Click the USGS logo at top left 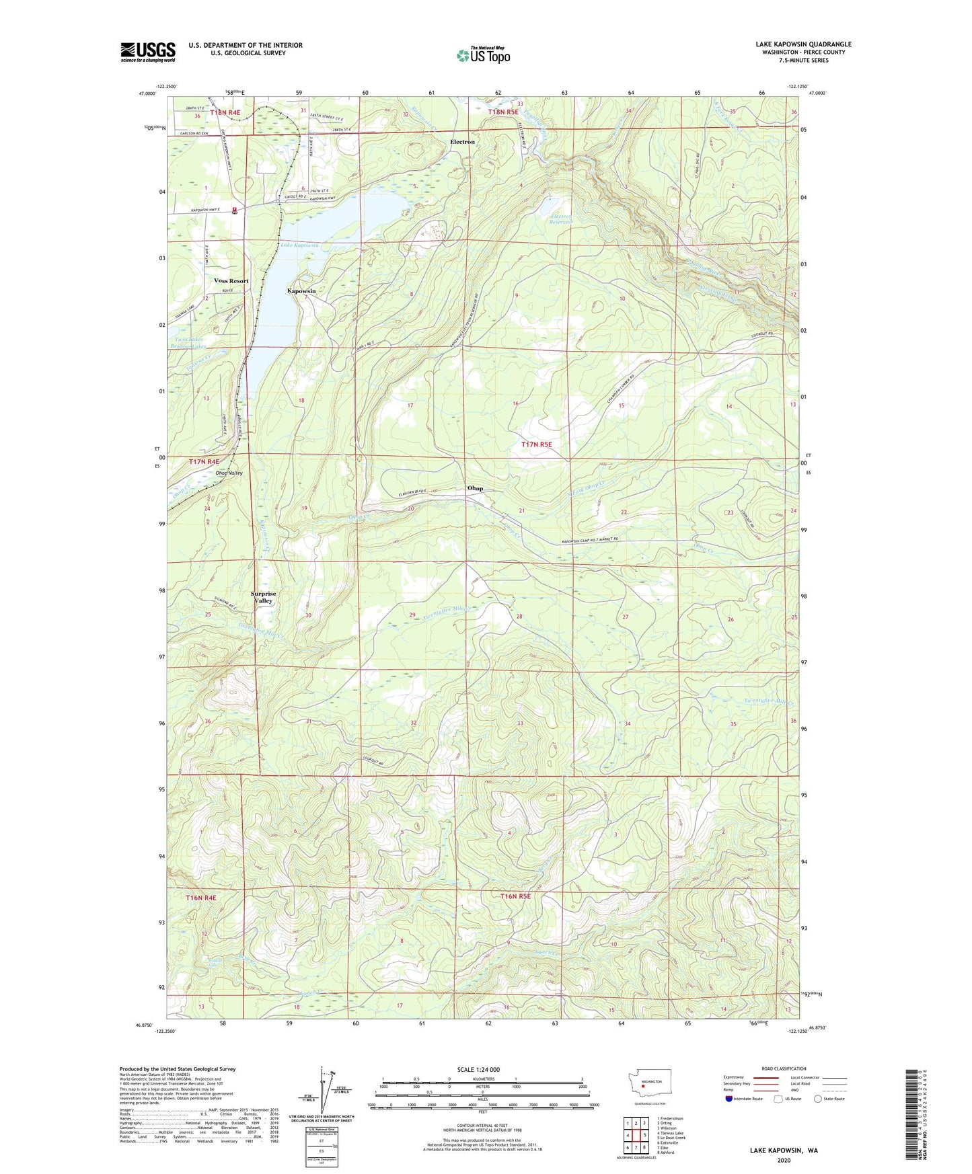click(x=148, y=52)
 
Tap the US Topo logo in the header click(x=482, y=55)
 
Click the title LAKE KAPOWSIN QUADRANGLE click(x=803, y=44)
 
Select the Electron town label click(x=462, y=142)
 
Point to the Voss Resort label click(x=231, y=280)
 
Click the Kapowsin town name click(x=301, y=290)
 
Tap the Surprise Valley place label click(x=263, y=597)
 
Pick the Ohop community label click(x=475, y=488)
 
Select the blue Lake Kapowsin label click(x=299, y=245)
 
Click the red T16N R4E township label click(x=201, y=898)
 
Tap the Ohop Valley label click(x=229, y=473)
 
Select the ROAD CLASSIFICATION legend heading click(x=784, y=1068)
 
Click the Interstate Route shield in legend click(x=730, y=1099)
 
